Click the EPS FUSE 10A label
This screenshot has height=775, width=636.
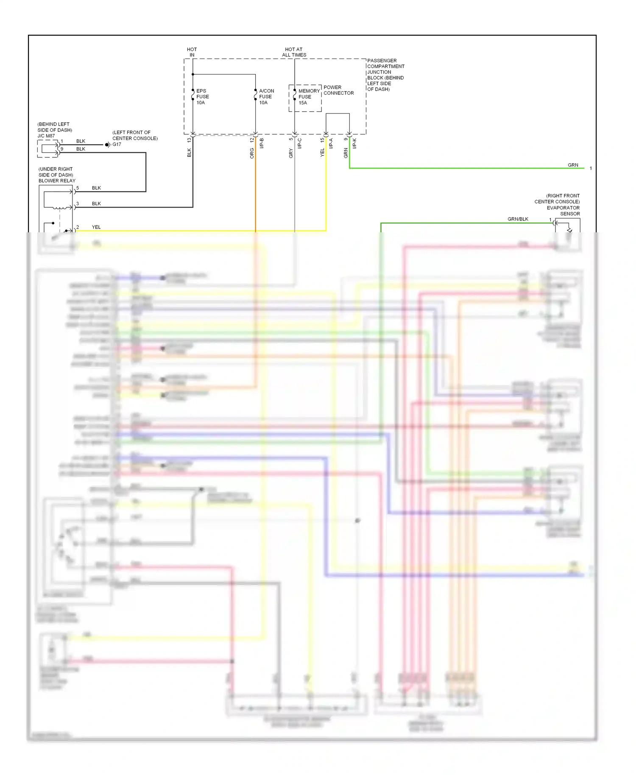click(x=202, y=97)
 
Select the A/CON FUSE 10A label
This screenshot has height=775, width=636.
click(x=266, y=97)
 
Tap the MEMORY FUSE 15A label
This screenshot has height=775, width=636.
click(x=309, y=97)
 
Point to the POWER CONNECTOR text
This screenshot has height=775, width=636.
click(x=338, y=90)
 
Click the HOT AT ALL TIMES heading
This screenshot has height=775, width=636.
click(x=294, y=52)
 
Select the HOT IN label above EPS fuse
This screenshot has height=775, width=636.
click(x=192, y=52)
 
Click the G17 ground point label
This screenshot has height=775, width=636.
click(x=117, y=145)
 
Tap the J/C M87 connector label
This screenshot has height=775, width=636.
click(x=46, y=136)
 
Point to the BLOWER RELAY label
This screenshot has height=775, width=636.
click(x=57, y=181)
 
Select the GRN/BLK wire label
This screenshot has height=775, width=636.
click(x=518, y=219)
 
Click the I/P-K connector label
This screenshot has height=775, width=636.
click(x=354, y=143)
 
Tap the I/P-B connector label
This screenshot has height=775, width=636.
click(x=262, y=143)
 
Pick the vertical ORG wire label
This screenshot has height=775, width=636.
click(x=252, y=153)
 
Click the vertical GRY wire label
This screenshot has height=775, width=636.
click(x=291, y=153)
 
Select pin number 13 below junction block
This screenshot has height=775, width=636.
click(x=189, y=140)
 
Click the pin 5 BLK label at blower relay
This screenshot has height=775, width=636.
click(x=96, y=188)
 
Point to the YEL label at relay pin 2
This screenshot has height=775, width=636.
click(x=96, y=227)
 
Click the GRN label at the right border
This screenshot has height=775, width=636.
click(x=573, y=165)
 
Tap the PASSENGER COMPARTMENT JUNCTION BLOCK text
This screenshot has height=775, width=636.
click(x=385, y=75)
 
